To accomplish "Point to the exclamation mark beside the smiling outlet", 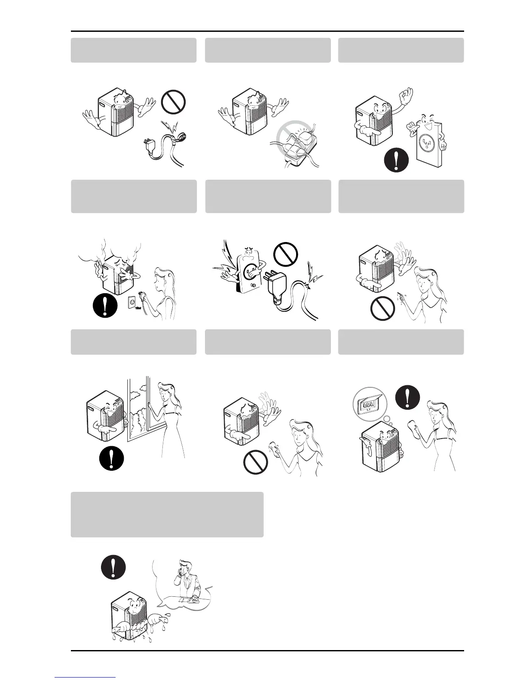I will [396, 160].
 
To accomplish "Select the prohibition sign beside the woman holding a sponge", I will [256, 463].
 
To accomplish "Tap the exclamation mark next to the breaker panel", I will [408, 396].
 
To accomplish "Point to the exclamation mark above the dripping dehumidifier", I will [113, 567].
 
